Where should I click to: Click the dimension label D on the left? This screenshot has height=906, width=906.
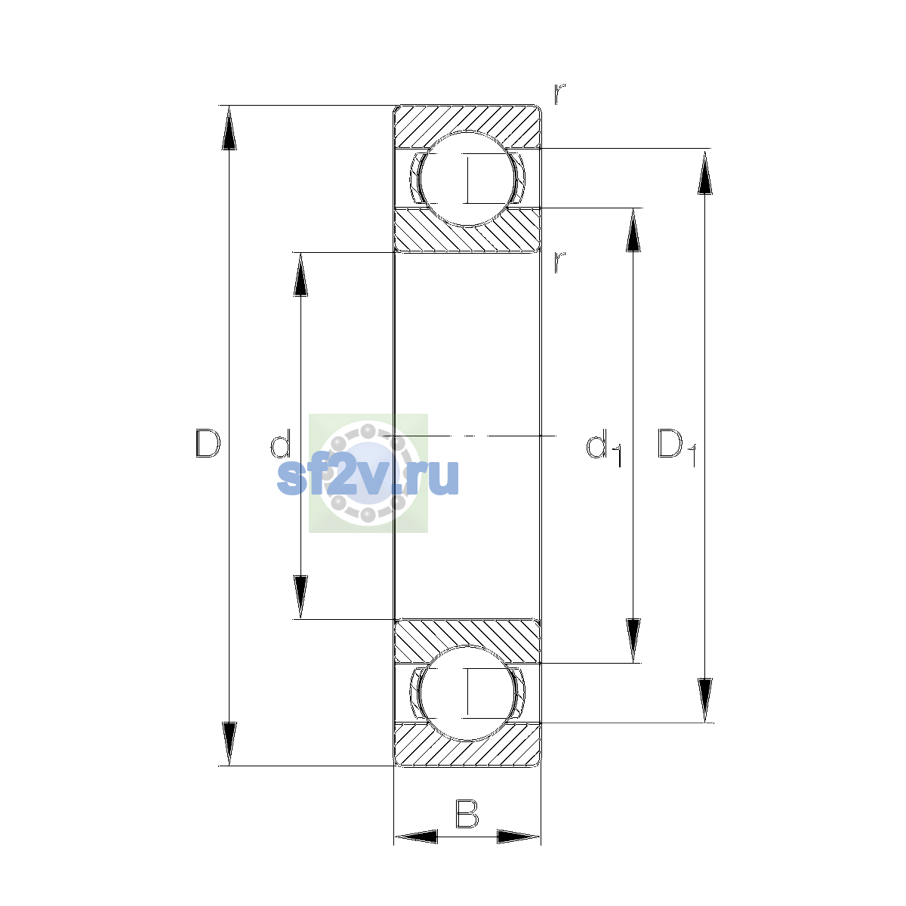pyautogui.click(x=208, y=443)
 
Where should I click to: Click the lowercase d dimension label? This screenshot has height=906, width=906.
pyautogui.click(x=281, y=443)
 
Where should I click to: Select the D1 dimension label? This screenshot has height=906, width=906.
pyautogui.click(x=676, y=447)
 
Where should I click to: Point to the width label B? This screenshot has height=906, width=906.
pyautogui.click(x=467, y=814)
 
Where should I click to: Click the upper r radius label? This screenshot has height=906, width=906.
pyautogui.click(x=559, y=94)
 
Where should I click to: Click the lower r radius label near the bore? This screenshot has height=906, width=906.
pyautogui.click(x=559, y=262)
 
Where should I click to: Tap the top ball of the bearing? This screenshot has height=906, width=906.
pyautogui.click(x=467, y=179)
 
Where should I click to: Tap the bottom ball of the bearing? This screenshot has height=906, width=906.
pyautogui.click(x=467, y=693)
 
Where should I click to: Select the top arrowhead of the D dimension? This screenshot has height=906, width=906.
pyautogui.click(x=229, y=128)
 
